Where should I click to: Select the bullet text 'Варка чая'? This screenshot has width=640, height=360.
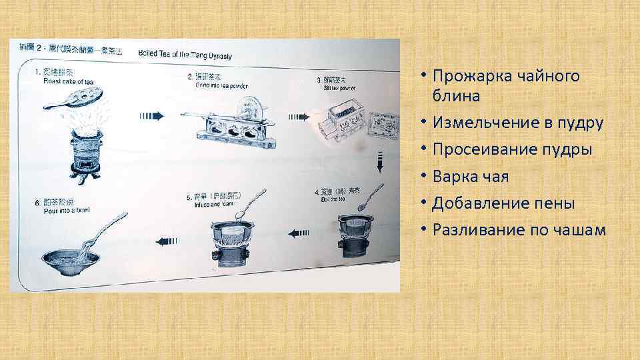pyautogui.click(x=470, y=177)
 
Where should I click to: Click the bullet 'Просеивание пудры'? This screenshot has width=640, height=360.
pyautogui.click(x=512, y=150)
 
